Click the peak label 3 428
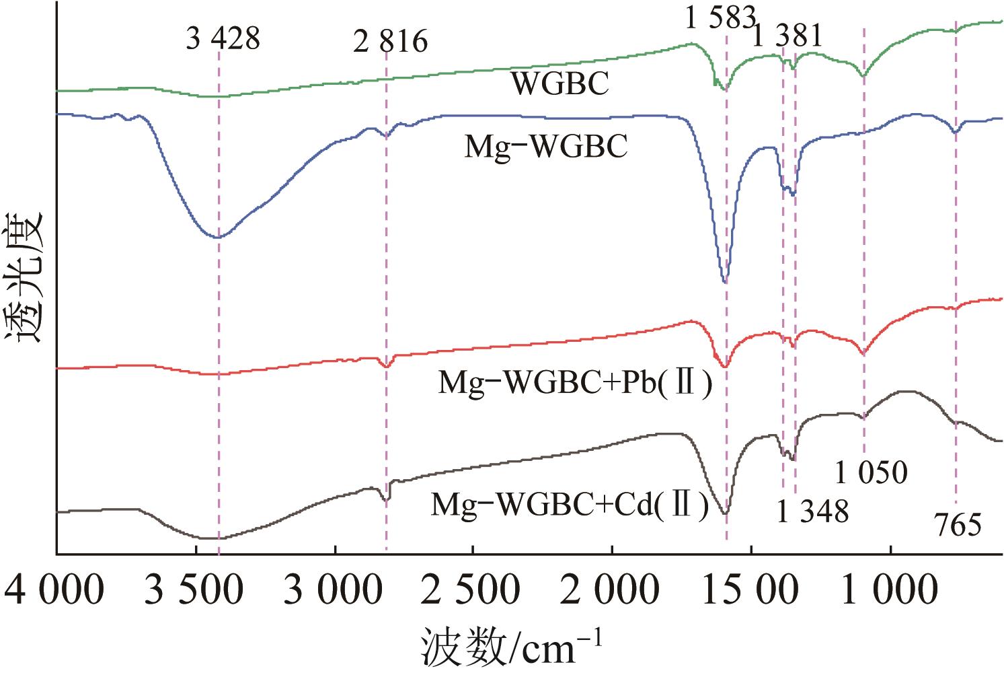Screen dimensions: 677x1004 tap(223, 39)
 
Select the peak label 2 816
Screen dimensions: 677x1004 tap(390, 42)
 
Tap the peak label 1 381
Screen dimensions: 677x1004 tap(786, 35)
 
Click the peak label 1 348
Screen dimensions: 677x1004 tap(812, 512)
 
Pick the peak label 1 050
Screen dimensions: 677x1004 tap(872, 473)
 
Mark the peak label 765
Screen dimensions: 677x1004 tap(958, 525)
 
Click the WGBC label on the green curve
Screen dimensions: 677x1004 tap(560, 84)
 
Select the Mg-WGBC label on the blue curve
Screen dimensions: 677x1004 tap(546, 147)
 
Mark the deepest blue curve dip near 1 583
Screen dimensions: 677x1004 tap(724, 282)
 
